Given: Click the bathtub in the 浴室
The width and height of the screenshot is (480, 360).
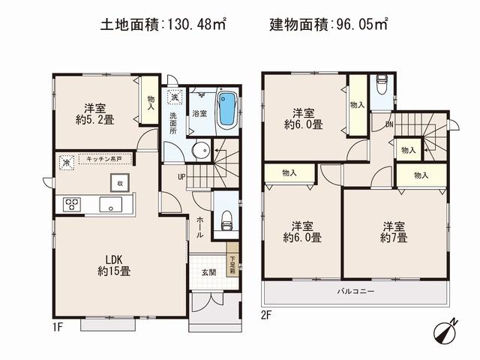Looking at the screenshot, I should coord(226,111).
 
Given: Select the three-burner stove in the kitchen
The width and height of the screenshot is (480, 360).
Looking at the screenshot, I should coord(73,205).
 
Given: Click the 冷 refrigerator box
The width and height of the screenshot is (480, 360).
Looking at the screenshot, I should coord(66,161).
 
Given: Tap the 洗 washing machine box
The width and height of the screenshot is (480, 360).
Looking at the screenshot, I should coord(174,97).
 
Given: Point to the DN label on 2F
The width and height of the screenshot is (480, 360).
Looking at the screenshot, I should coord(389,124).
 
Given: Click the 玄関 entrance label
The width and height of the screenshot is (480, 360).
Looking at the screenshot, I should coord(209,272).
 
